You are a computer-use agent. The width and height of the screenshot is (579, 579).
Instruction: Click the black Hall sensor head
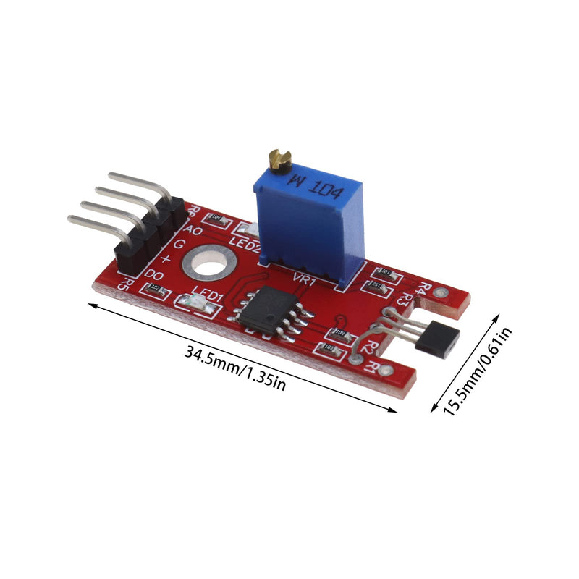pyautogui.click(x=440, y=339)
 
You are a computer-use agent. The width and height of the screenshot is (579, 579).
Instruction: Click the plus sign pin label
pyautogui.click(x=166, y=258)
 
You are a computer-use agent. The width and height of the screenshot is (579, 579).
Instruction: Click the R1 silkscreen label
pyautogui.click(x=373, y=368)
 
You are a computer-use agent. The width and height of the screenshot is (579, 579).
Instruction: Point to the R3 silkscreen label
pyautogui.click(x=406, y=297)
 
